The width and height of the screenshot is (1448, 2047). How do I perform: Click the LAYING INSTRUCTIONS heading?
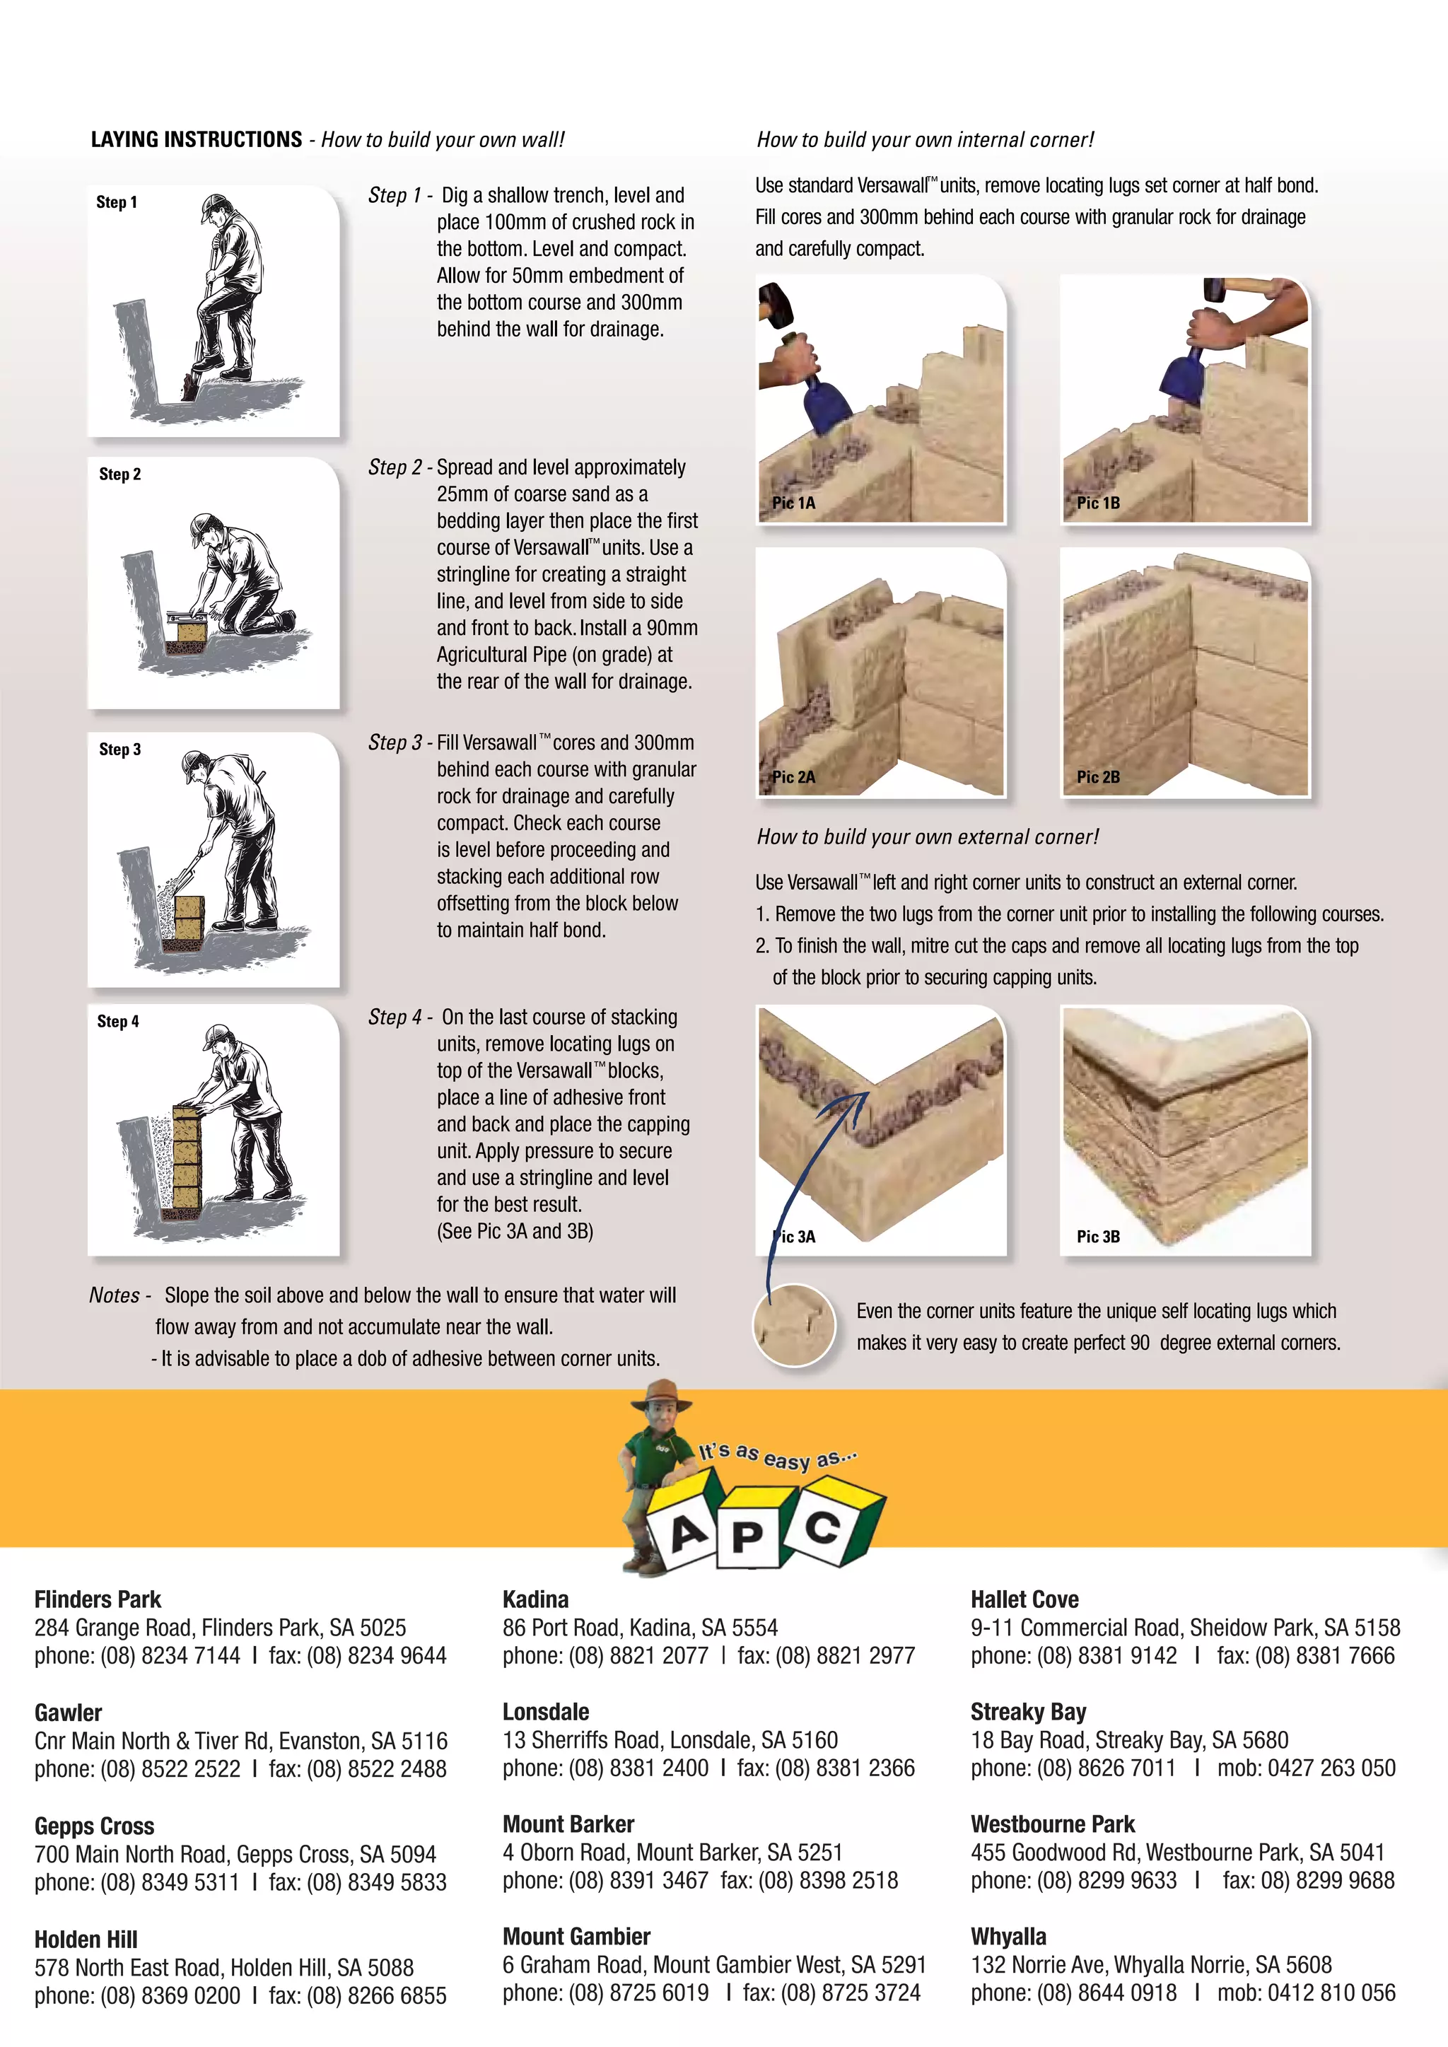196,140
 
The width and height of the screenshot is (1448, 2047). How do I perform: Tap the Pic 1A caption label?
793,503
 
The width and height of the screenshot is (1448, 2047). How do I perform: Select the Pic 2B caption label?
1097,777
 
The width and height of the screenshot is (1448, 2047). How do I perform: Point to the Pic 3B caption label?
1097,1237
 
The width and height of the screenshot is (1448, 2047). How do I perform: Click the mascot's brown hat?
660,1394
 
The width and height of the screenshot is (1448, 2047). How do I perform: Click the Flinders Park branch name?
98,1599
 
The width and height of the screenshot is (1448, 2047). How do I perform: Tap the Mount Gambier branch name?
576,1937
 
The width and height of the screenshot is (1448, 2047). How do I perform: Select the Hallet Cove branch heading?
1024,1599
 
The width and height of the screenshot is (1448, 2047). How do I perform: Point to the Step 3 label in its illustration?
119,750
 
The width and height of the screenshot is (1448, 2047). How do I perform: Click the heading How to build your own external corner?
928,837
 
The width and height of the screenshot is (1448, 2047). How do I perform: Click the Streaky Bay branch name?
1028,1712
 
